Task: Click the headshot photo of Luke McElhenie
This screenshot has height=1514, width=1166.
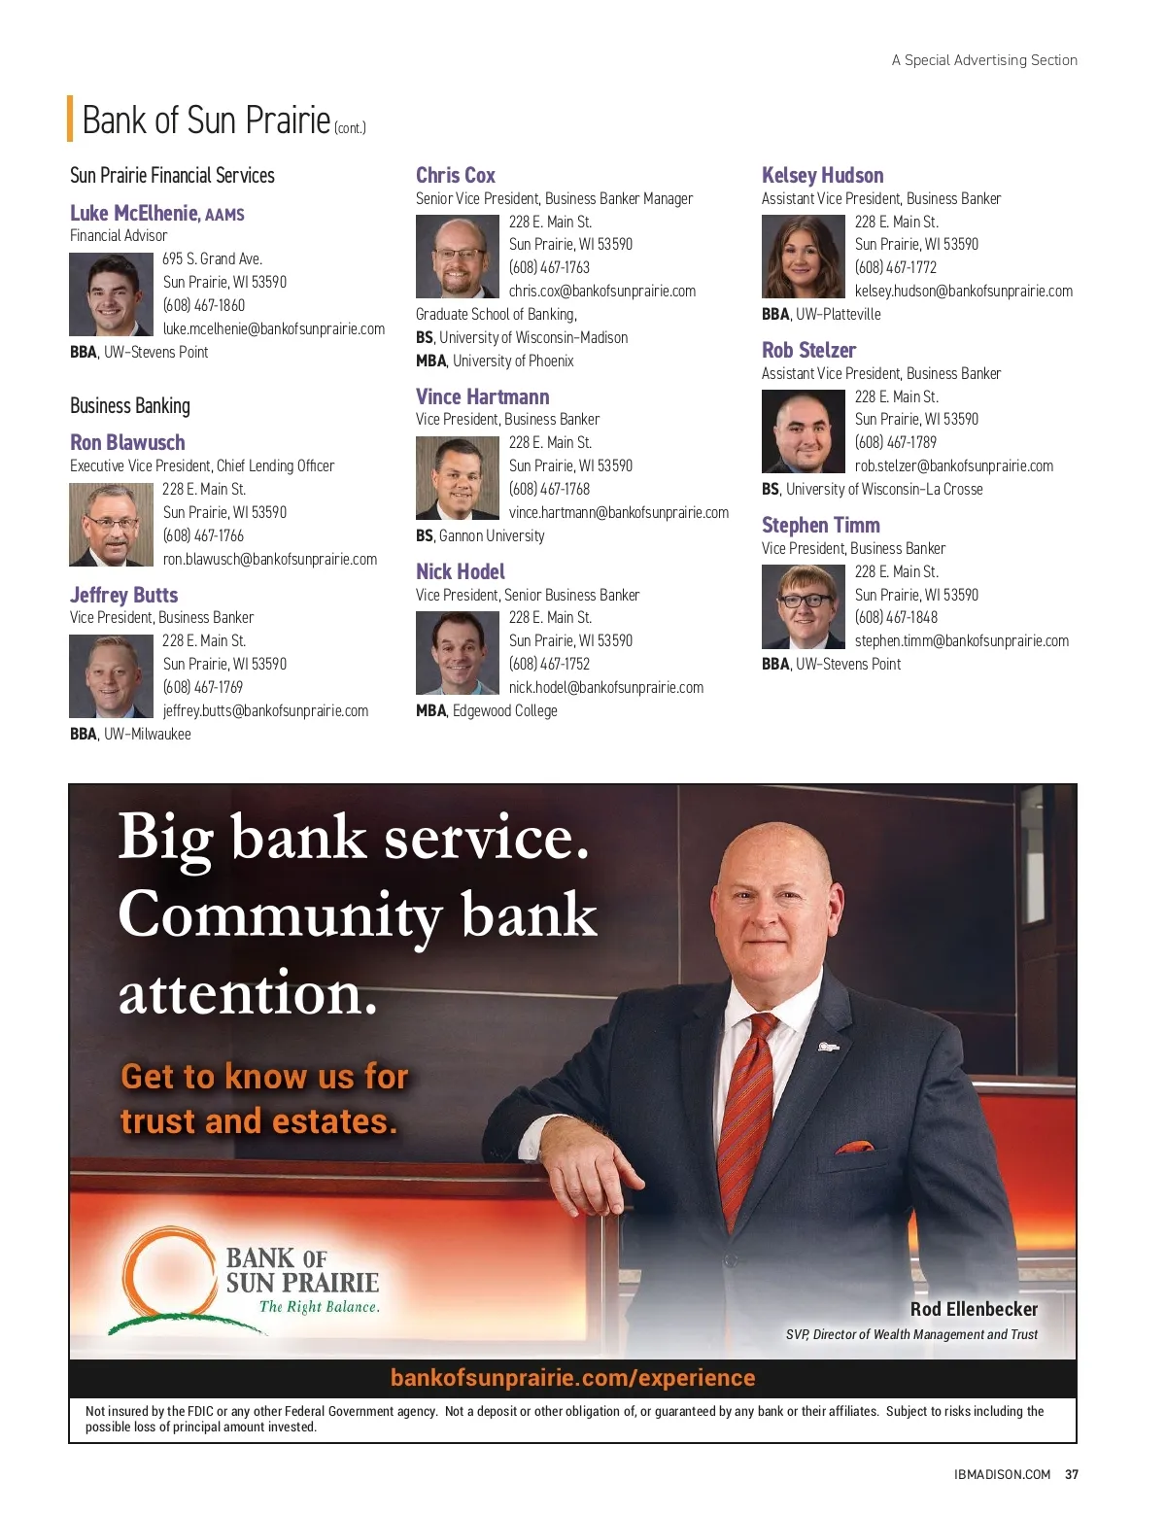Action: pos(111,294)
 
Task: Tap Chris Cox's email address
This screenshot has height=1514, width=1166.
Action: pos(601,291)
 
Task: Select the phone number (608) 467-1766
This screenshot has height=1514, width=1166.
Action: pos(203,535)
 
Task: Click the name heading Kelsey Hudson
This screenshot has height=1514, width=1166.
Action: pos(822,176)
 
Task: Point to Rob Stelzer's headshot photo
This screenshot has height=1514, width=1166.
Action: pos(803,431)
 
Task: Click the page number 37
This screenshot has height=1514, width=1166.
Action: pos(1072,1474)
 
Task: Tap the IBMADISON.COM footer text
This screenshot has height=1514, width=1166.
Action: pos(1002,1474)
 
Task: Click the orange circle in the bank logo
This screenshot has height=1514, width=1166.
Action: pos(168,1275)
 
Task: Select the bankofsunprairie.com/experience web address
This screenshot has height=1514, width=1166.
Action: pos(572,1378)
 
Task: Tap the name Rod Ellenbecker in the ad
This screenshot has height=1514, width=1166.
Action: pos(974,1309)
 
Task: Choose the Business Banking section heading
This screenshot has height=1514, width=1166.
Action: pos(130,406)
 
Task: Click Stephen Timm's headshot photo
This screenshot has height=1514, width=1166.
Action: pos(803,606)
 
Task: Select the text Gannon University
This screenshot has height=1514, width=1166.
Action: pos(492,535)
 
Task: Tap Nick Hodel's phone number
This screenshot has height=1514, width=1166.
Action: pos(549,664)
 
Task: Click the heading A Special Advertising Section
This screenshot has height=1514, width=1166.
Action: pos(984,60)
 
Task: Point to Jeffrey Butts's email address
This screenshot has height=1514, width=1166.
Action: pos(265,710)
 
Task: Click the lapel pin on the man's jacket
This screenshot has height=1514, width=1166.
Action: pos(827,1047)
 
